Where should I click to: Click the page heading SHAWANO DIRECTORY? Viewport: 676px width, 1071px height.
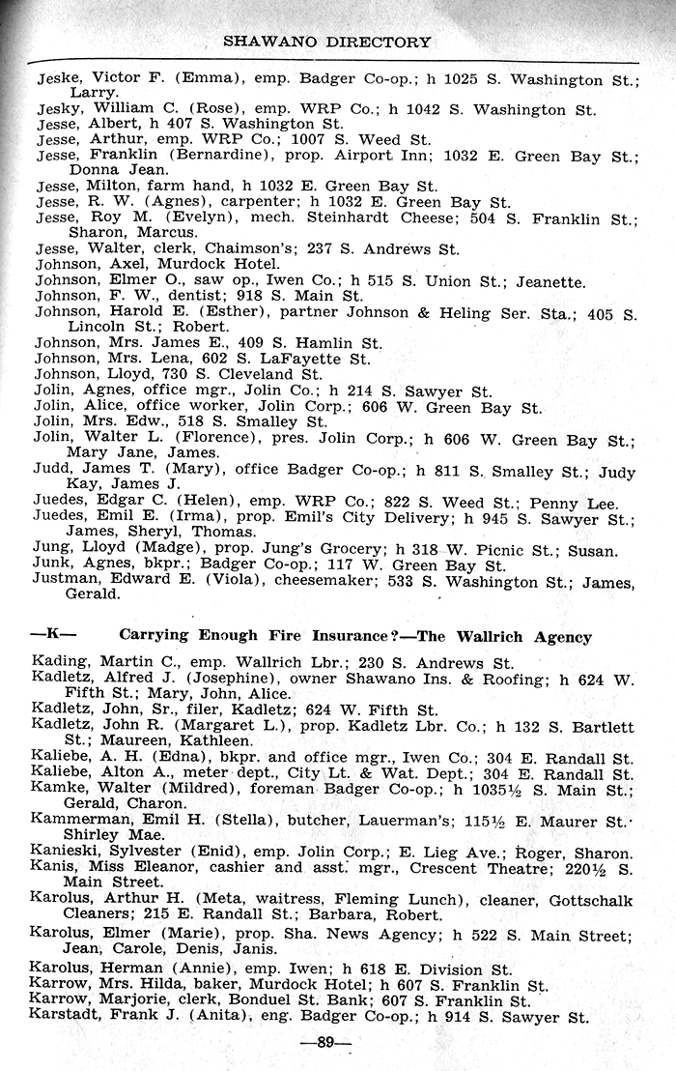point(326,42)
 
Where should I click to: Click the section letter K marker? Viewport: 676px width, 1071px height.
point(54,635)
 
